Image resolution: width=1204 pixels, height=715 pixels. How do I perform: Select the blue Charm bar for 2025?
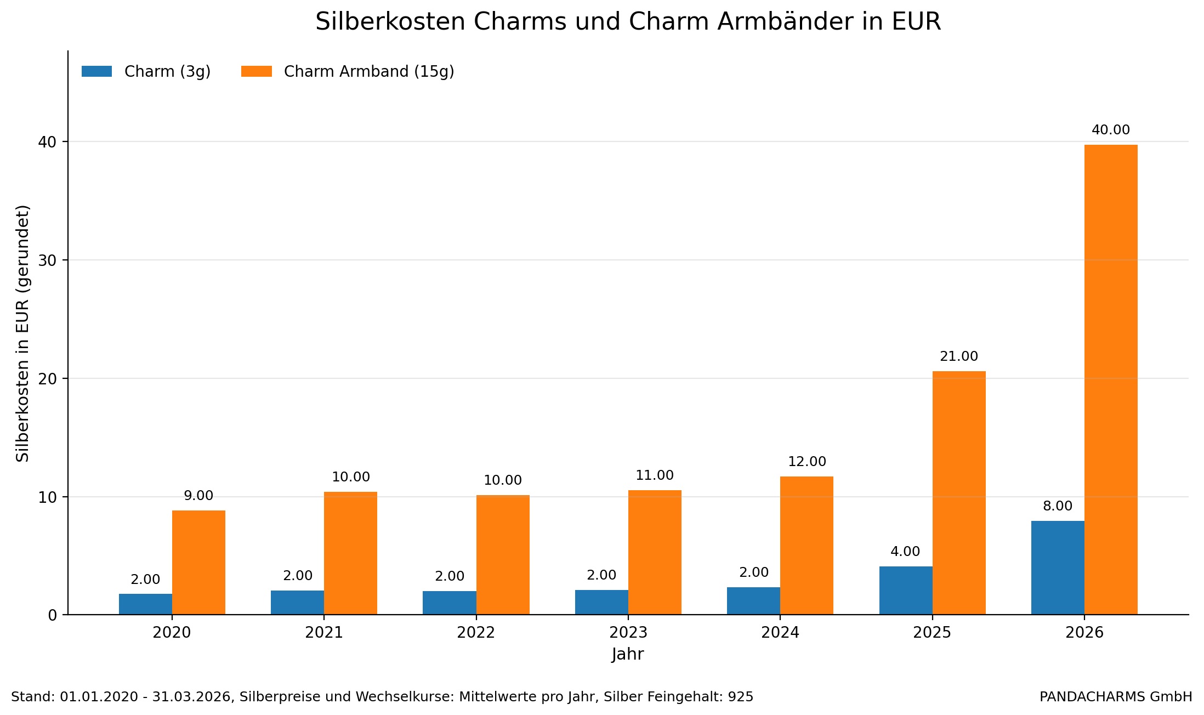pyautogui.click(x=906, y=591)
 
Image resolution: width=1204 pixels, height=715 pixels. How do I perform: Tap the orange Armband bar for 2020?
pyautogui.click(x=198, y=563)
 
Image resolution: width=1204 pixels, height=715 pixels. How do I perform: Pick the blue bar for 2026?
pyautogui.click(x=1058, y=568)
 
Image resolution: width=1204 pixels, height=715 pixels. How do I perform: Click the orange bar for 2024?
pyautogui.click(x=807, y=546)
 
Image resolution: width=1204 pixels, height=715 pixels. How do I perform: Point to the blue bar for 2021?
pyautogui.click(x=297, y=603)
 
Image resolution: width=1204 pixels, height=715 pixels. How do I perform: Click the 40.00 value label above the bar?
pyautogui.click(x=1111, y=130)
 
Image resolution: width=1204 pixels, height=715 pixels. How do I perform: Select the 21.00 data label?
pyautogui.click(x=959, y=357)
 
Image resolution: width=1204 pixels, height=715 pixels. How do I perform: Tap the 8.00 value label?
pyautogui.click(x=1058, y=507)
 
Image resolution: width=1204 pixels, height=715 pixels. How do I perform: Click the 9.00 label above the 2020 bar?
pyautogui.click(x=198, y=496)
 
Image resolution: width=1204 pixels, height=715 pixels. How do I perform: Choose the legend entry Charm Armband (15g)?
pyautogui.click(x=368, y=72)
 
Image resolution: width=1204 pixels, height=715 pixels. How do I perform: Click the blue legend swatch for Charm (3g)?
pyautogui.click(x=96, y=72)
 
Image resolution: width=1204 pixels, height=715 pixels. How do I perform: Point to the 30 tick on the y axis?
pyautogui.click(x=48, y=260)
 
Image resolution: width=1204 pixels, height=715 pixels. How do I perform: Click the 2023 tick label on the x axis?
pyautogui.click(x=628, y=633)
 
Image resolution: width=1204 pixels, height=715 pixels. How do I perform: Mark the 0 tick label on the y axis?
pyautogui.click(x=53, y=615)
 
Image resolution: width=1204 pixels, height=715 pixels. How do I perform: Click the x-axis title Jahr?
pyautogui.click(x=628, y=655)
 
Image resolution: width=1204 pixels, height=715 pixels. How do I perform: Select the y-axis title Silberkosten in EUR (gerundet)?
pyautogui.click(x=22, y=333)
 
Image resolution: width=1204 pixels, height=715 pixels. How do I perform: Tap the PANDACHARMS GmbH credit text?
pyautogui.click(x=1116, y=697)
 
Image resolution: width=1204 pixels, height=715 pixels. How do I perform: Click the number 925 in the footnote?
pyautogui.click(x=741, y=697)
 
